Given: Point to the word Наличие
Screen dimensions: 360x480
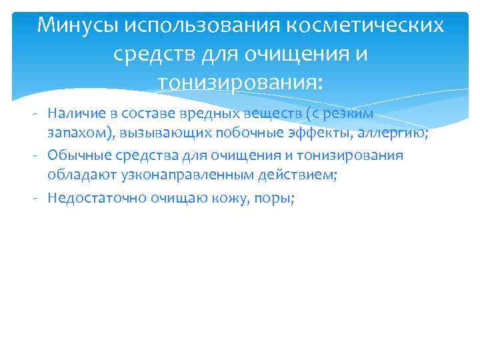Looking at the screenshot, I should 73,114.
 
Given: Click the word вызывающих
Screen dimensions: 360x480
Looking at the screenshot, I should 159,135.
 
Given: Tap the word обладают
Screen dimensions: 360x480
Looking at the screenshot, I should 77,176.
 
